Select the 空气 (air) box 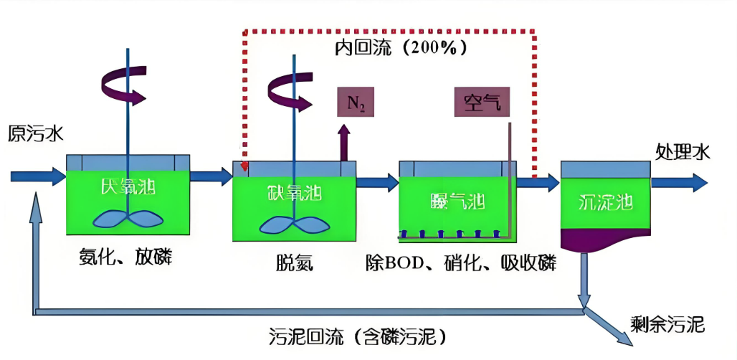point(481,103)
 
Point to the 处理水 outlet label point(682,151)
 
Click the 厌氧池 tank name point(129,188)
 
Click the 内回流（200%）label point(401,48)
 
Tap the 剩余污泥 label point(667,325)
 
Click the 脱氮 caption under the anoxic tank point(294,263)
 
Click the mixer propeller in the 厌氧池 point(129,219)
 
